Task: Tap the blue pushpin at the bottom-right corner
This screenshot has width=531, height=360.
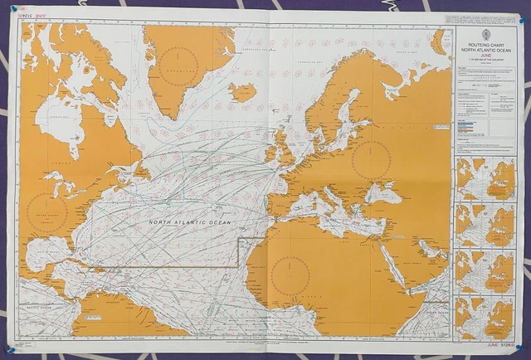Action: (519, 343)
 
